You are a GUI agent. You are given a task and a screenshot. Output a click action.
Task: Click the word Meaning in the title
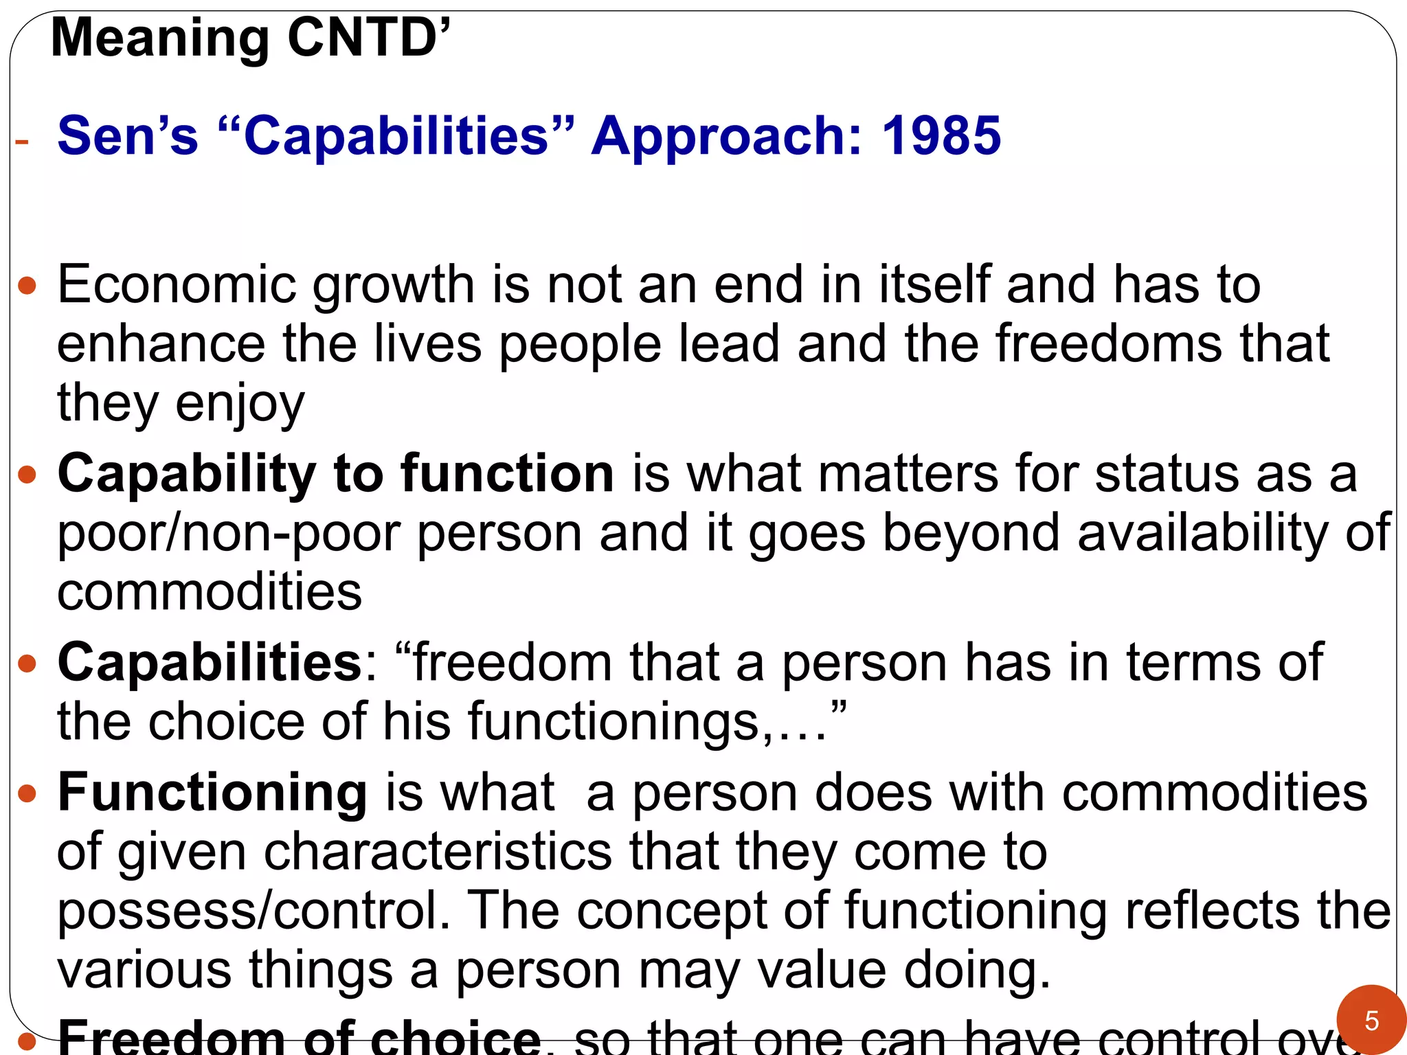(160, 39)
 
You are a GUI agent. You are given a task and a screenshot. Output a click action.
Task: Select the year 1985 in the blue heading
(941, 135)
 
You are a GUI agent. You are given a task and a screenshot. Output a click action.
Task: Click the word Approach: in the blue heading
(727, 137)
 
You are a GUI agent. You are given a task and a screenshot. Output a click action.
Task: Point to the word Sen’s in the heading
(128, 135)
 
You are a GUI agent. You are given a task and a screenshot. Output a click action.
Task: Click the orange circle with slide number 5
(1371, 1021)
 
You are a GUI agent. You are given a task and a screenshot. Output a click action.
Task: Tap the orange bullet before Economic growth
(27, 286)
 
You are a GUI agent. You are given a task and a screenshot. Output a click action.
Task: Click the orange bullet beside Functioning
(27, 794)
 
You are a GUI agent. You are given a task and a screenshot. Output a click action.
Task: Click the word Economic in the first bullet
(176, 284)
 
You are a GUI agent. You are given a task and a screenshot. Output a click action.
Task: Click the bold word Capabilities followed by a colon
(210, 663)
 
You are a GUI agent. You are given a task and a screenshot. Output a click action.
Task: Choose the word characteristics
(438, 852)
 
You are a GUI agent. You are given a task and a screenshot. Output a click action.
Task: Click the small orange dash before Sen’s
(22, 142)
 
